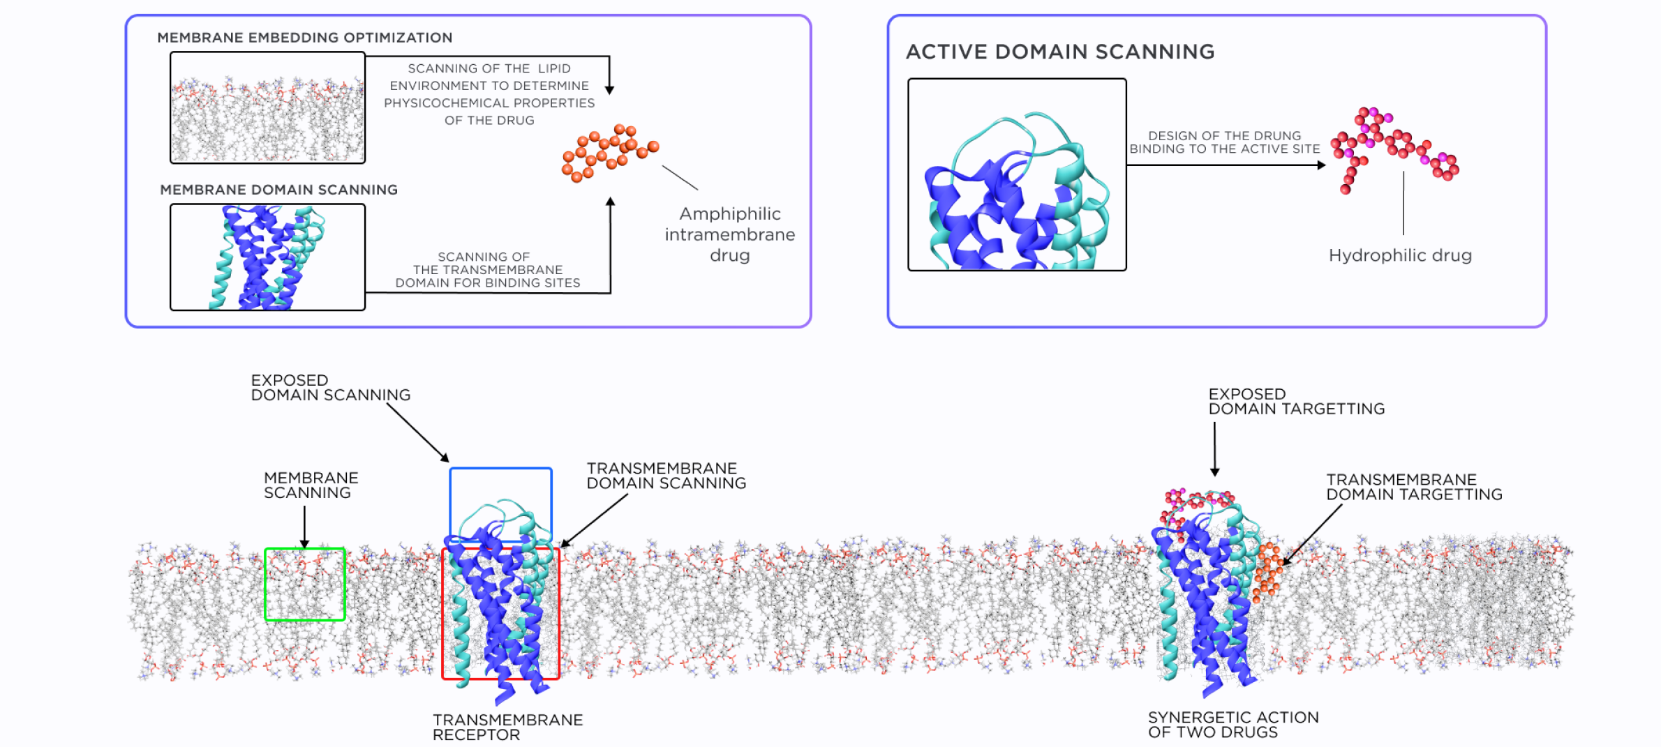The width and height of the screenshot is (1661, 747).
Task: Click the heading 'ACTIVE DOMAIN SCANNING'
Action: (1059, 52)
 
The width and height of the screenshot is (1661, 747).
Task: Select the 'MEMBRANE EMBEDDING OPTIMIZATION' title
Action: (304, 38)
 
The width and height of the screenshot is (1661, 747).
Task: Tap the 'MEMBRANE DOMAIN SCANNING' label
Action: (278, 190)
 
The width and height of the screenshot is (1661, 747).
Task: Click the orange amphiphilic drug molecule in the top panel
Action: (609, 153)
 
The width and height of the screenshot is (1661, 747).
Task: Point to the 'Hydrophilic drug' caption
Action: (1399, 255)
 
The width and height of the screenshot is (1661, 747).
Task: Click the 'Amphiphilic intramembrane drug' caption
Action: (729, 234)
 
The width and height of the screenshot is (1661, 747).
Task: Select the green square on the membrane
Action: (305, 584)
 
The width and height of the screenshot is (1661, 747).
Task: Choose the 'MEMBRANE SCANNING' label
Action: (311, 485)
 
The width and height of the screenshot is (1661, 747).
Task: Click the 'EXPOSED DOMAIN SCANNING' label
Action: (330, 388)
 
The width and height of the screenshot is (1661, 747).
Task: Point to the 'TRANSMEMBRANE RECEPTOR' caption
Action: (507, 727)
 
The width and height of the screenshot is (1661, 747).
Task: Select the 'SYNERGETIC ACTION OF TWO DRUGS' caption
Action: (1232, 725)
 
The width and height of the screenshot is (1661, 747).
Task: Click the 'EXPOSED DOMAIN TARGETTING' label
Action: (1296, 402)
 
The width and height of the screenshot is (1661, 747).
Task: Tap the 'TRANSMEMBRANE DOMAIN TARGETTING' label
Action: (1413, 487)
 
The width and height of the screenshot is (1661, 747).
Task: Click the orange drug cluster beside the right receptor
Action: (1268, 571)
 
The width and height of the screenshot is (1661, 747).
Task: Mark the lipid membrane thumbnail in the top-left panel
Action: (267, 107)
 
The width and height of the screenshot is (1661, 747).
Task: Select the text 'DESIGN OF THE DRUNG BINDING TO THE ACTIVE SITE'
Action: (1224, 142)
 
